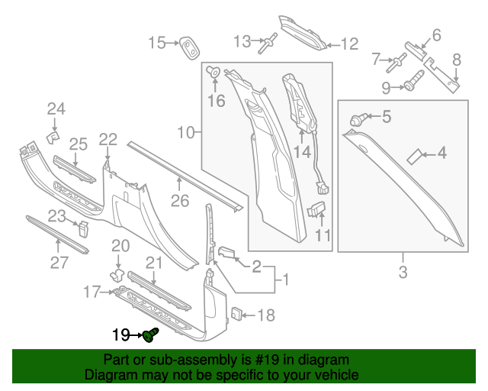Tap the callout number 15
click(156, 43)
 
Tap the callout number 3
click(403, 271)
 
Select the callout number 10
click(186, 133)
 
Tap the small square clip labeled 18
click(236, 314)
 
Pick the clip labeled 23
click(80, 228)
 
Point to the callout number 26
click(178, 202)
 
